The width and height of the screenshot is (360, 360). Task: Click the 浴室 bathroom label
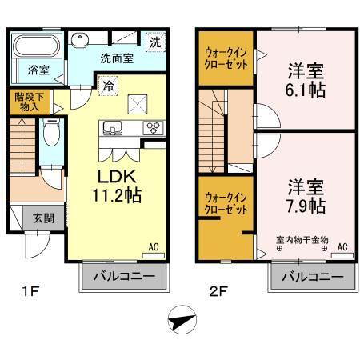click(39, 70)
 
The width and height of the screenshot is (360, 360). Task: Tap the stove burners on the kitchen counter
click(152, 128)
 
